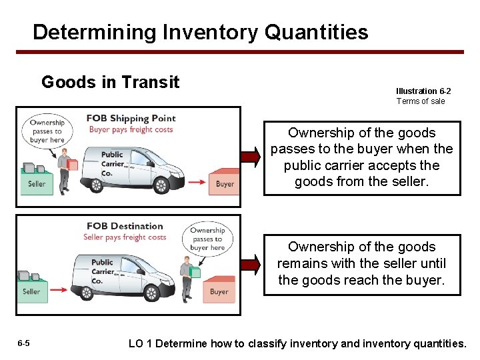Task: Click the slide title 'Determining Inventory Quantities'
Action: [200, 32]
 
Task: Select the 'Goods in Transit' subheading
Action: [110, 82]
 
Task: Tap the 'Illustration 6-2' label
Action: [423, 91]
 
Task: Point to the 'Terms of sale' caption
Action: [421, 101]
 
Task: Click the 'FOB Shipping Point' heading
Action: [131, 119]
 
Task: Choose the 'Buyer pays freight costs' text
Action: [131, 129]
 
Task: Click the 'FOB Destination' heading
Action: [125, 226]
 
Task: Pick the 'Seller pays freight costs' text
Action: [125, 237]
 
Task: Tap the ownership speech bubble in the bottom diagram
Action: [207, 239]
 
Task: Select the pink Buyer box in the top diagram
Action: [225, 183]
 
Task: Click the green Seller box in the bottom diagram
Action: [32, 291]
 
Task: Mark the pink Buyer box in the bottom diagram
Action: [219, 291]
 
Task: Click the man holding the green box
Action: [186, 276]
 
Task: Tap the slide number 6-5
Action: [23, 343]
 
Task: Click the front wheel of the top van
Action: [162, 184]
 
